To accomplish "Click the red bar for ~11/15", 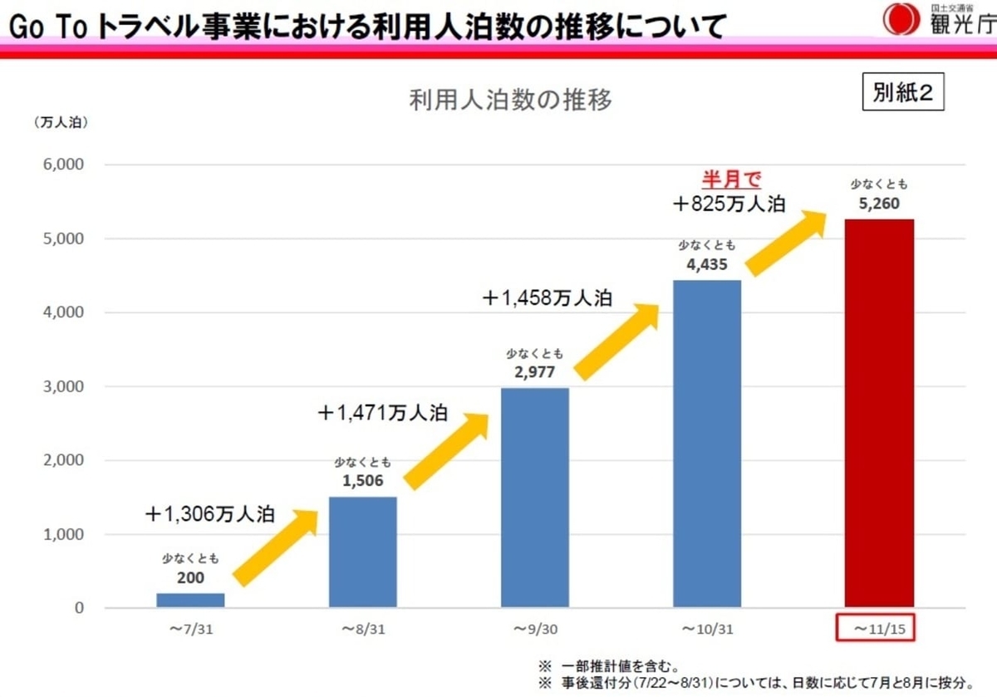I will [879, 413].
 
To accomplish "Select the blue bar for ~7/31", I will [190, 600].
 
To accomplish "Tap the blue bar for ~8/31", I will [362, 552].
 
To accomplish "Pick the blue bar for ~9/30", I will [534, 497].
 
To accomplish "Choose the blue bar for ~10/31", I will [707, 444].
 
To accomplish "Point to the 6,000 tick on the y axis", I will [62, 164].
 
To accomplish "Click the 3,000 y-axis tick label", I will [62, 386].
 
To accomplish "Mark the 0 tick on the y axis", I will [78, 608].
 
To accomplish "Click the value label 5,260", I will [879, 202].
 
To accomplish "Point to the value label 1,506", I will [362, 479].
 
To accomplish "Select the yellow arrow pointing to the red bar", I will [787, 243].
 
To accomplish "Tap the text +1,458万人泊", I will [547, 298].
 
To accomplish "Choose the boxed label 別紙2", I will [903, 93].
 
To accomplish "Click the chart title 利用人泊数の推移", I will [510, 101].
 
